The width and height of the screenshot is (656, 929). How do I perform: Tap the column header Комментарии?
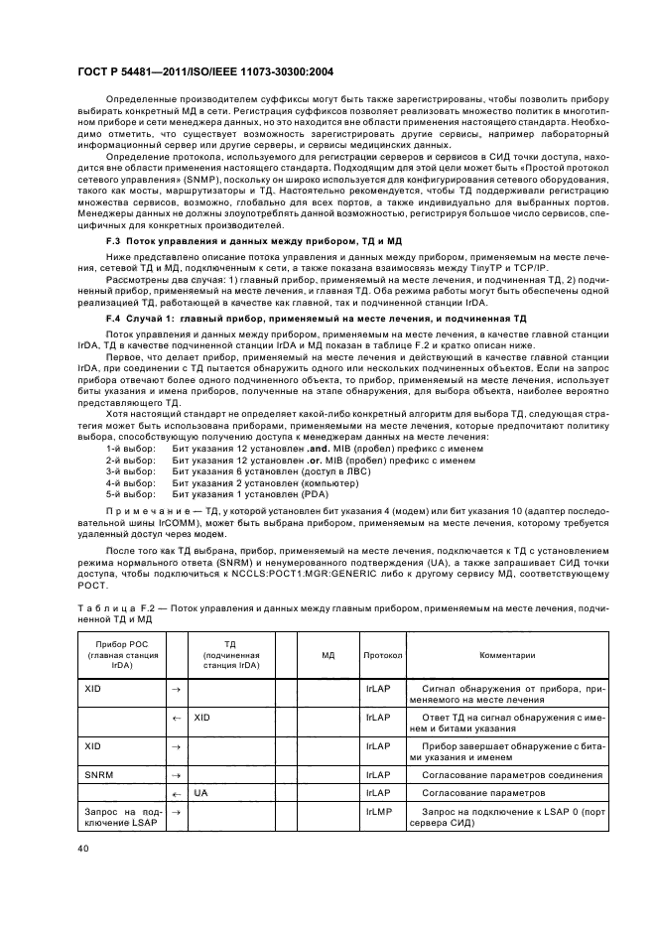pos(507,655)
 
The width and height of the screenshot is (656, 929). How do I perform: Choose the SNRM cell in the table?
pos(98,774)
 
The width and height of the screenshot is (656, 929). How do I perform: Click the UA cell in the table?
pos(200,794)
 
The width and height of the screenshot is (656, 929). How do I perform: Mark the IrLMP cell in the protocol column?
pos(378,814)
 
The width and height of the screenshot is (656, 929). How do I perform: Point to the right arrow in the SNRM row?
pos(176,774)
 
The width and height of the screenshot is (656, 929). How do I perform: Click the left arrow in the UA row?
pos(176,794)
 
